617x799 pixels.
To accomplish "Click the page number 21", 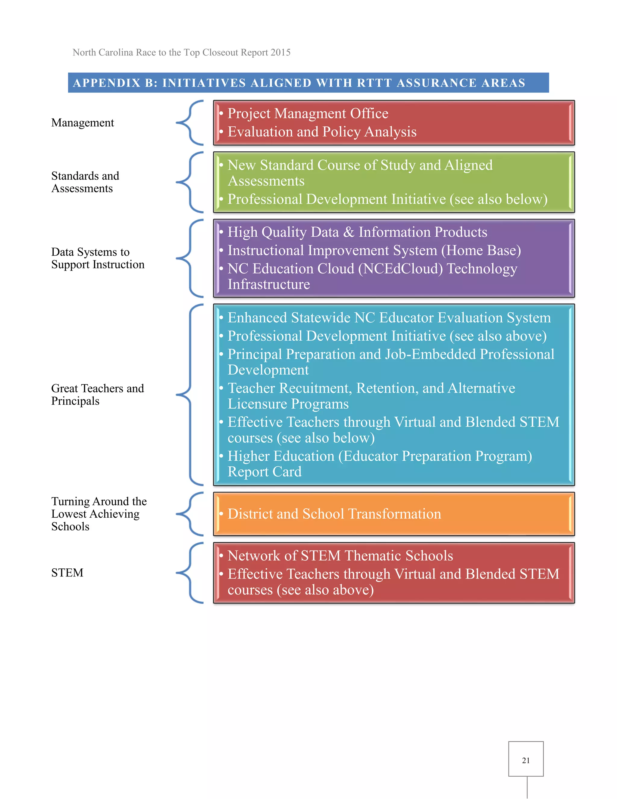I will (526, 760).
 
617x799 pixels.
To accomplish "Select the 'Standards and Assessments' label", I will (85, 182).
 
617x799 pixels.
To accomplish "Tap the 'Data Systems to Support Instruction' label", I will (98, 258).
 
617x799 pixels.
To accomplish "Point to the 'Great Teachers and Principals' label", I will (97, 395).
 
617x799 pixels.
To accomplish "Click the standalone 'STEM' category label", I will (67, 573).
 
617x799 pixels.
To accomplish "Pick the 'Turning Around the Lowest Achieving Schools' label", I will (99, 514).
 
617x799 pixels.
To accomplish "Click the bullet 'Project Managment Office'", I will (308, 114).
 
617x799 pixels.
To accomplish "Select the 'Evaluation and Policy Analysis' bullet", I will (322, 132).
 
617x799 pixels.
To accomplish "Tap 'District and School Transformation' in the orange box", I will (334, 514).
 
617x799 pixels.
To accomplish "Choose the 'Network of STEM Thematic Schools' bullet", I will (340, 556).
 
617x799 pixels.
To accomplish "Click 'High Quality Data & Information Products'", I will (357, 232).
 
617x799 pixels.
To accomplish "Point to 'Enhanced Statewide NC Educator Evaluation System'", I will (389, 318).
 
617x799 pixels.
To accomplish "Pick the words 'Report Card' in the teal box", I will (265, 472).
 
